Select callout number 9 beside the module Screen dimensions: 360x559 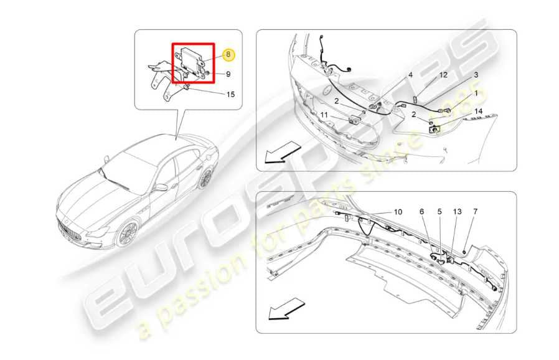[x=228, y=74]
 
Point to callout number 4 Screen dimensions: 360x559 [x=410, y=75]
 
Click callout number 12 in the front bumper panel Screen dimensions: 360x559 [x=443, y=75]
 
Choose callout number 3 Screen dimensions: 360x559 [x=476, y=75]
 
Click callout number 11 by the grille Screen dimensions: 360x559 [x=324, y=115]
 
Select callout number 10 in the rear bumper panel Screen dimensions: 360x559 [x=398, y=212]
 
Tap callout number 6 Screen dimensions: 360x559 [x=421, y=212]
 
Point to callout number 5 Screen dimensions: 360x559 [x=439, y=212]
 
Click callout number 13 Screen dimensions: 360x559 [x=457, y=212]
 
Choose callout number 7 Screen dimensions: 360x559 [x=475, y=212]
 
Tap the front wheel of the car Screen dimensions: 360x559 [x=128, y=234]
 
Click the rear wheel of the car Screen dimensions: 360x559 [x=205, y=179]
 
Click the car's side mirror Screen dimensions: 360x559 [x=161, y=187]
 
